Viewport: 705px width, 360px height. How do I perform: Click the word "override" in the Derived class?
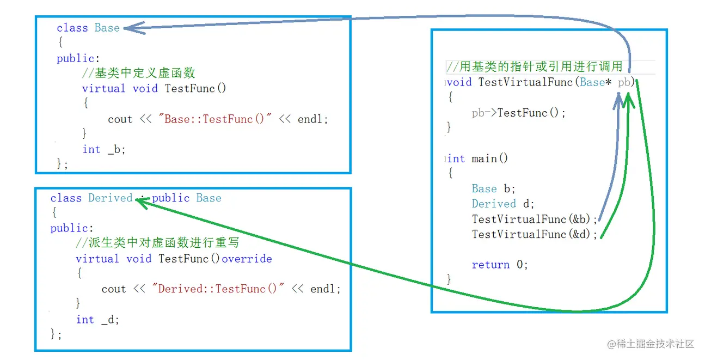point(247,259)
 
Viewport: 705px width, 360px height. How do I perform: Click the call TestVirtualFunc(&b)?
point(535,219)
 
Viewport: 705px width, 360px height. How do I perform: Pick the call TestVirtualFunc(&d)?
point(535,234)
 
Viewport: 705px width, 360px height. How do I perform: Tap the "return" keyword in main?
point(491,265)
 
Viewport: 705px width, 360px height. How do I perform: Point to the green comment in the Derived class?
point(157,243)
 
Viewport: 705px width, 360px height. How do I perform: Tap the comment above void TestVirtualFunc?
point(534,67)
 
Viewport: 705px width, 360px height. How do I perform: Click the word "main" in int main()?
point(484,158)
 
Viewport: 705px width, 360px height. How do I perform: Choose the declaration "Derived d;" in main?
point(503,204)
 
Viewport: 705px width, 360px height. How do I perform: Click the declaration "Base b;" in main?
point(493,188)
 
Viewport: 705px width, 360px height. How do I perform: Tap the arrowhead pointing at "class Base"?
point(133,28)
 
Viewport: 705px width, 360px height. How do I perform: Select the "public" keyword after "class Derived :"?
point(171,198)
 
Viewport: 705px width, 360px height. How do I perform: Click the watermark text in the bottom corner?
point(651,344)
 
